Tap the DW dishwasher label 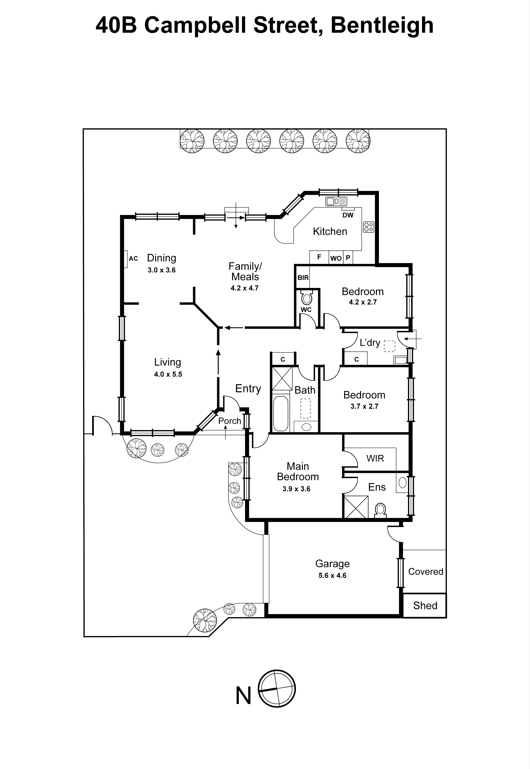pyautogui.click(x=348, y=215)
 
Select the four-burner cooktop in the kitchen pyautogui.click(x=369, y=227)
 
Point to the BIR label pyautogui.click(x=303, y=278)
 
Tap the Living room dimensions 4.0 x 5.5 pyautogui.click(x=168, y=374)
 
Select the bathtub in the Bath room pyautogui.click(x=281, y=413)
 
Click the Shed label pyautogui.click(x=425, y=605)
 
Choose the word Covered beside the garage pyautogui.click(x=425, y=572)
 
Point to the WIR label pyautogui.click(x=375, y=459)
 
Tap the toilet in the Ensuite pyautogui.click(x=380, y=510)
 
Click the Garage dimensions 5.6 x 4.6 pyautogui.click(x=332, y=575)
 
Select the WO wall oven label pyautogui.click(x=336, y=258)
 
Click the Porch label pyautogui.click(x=229, y=421)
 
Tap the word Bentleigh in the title pyautogui.click(x=382, y=26)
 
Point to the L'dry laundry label pyautogui.click(x=370, y=342)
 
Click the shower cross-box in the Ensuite pyautogui.click(x=356, y=507)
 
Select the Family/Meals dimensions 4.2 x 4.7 pyautogui.click(x=244, y=288)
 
